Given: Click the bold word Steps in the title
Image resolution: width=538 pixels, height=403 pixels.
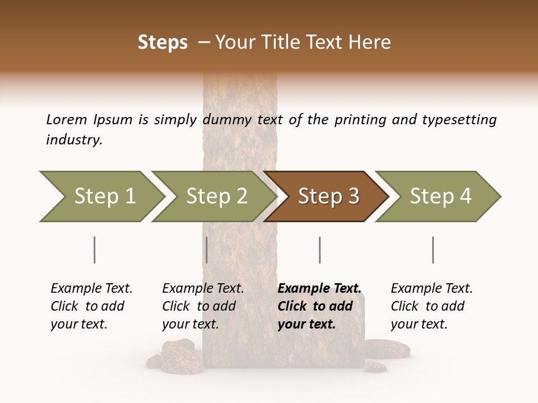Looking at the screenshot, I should (x=163, y=43).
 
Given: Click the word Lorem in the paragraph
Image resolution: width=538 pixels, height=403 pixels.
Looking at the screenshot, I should (x=67, y=119).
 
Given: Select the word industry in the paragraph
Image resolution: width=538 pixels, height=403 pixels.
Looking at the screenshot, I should (x=73, y=140).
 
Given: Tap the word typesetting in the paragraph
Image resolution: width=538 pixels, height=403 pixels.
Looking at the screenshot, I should (x=460, y=120).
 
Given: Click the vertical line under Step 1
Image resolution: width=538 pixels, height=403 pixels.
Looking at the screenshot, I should (x=95, y=250).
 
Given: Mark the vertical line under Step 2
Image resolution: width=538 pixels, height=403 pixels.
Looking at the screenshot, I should (x=207, y=250).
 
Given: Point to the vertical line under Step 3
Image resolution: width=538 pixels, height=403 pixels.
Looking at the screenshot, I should (x=319, y=250).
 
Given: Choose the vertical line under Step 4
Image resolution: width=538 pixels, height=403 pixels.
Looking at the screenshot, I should (x=433, y=250).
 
